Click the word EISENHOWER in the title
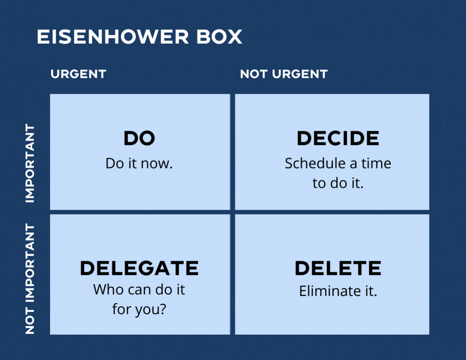tap(113, 37)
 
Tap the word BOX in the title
tap(219, 37)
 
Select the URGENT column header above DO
tap(78, 74)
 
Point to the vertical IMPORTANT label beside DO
tap(30, 163)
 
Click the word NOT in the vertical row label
tap(30, 321)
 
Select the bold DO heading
tap(139, 138)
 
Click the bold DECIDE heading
tap(338, 138)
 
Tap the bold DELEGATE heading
tap(139, 268)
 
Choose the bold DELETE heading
tap(338, 268)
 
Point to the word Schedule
tap(315, 163)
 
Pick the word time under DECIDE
tap(376, 163)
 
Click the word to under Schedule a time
tap(319, 183)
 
